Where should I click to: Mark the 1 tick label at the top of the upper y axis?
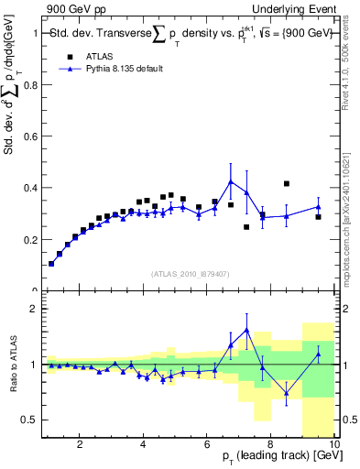point(33,33)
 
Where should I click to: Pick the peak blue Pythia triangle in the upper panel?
point(231,181)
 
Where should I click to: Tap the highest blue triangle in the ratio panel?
point(246,330)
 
